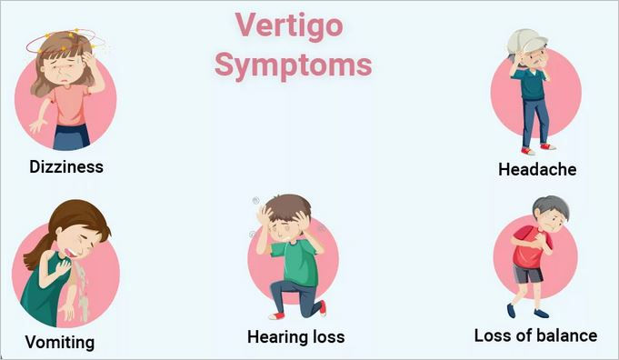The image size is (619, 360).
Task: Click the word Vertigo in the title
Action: point(289,25)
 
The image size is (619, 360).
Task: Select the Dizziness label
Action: point(66,166)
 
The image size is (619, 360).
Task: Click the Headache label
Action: point(536,169)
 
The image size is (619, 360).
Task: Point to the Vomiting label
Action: point(60,342)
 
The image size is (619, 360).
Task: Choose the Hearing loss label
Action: point(295,336)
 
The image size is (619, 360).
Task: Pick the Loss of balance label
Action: point(535,335)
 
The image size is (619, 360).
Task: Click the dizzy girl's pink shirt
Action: point(67,102)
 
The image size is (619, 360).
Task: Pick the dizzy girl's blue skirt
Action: point(70,136)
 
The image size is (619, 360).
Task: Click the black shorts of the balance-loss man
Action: point(527,273)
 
